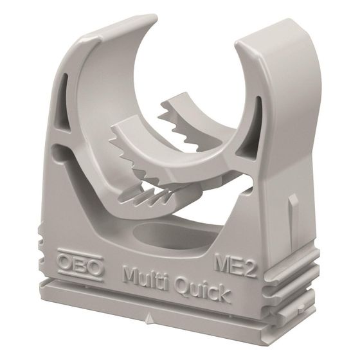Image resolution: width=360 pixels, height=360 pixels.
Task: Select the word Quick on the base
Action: pyautogui.click(x=203, y=291)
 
